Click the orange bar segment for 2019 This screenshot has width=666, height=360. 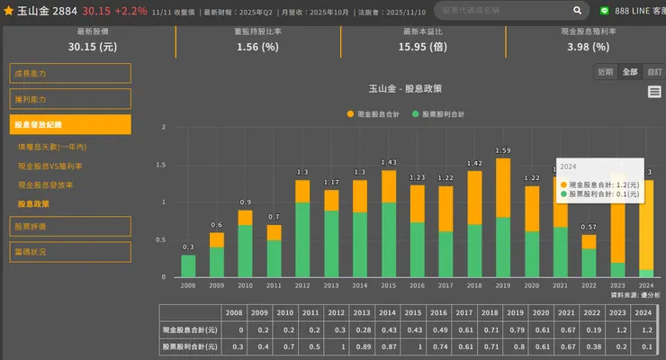[503, 187]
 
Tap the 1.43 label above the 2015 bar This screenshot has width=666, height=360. [389, 163]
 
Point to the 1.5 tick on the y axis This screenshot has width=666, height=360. [163, 165]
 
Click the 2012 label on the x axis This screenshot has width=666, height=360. [302, 285]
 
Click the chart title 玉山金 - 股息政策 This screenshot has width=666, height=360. [406, 89]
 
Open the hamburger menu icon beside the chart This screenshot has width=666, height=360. [654, 92]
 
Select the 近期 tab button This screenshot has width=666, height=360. [606, 72]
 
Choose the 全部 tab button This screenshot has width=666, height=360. [630, 72]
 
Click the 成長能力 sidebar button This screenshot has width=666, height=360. [71, 74]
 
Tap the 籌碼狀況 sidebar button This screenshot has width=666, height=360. [71, 252]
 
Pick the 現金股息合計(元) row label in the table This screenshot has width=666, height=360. [188, 329]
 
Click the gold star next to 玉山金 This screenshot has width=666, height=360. [8, 11]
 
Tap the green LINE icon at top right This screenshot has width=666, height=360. [605, 11]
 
